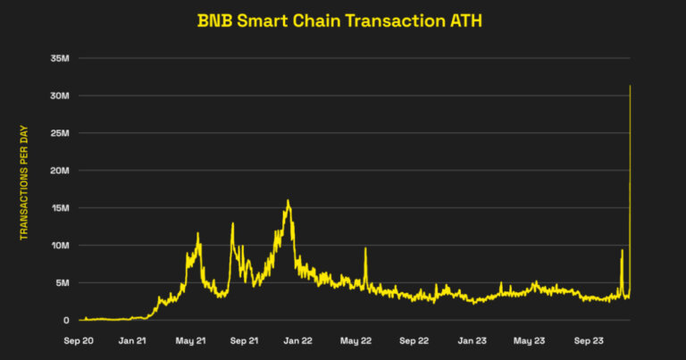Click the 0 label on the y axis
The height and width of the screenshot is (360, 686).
pos(65,321)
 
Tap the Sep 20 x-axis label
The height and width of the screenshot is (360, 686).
pos(79,340)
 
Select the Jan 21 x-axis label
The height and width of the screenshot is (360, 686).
pos(134,340)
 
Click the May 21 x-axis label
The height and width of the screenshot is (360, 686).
pos(189,340)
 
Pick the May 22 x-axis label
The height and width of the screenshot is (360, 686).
pos(356,340)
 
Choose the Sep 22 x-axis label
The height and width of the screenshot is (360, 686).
pos(414,340)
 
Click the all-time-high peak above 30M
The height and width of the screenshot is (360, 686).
pos(631,87)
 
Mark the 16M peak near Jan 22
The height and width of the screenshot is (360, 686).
pos(288,201)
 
